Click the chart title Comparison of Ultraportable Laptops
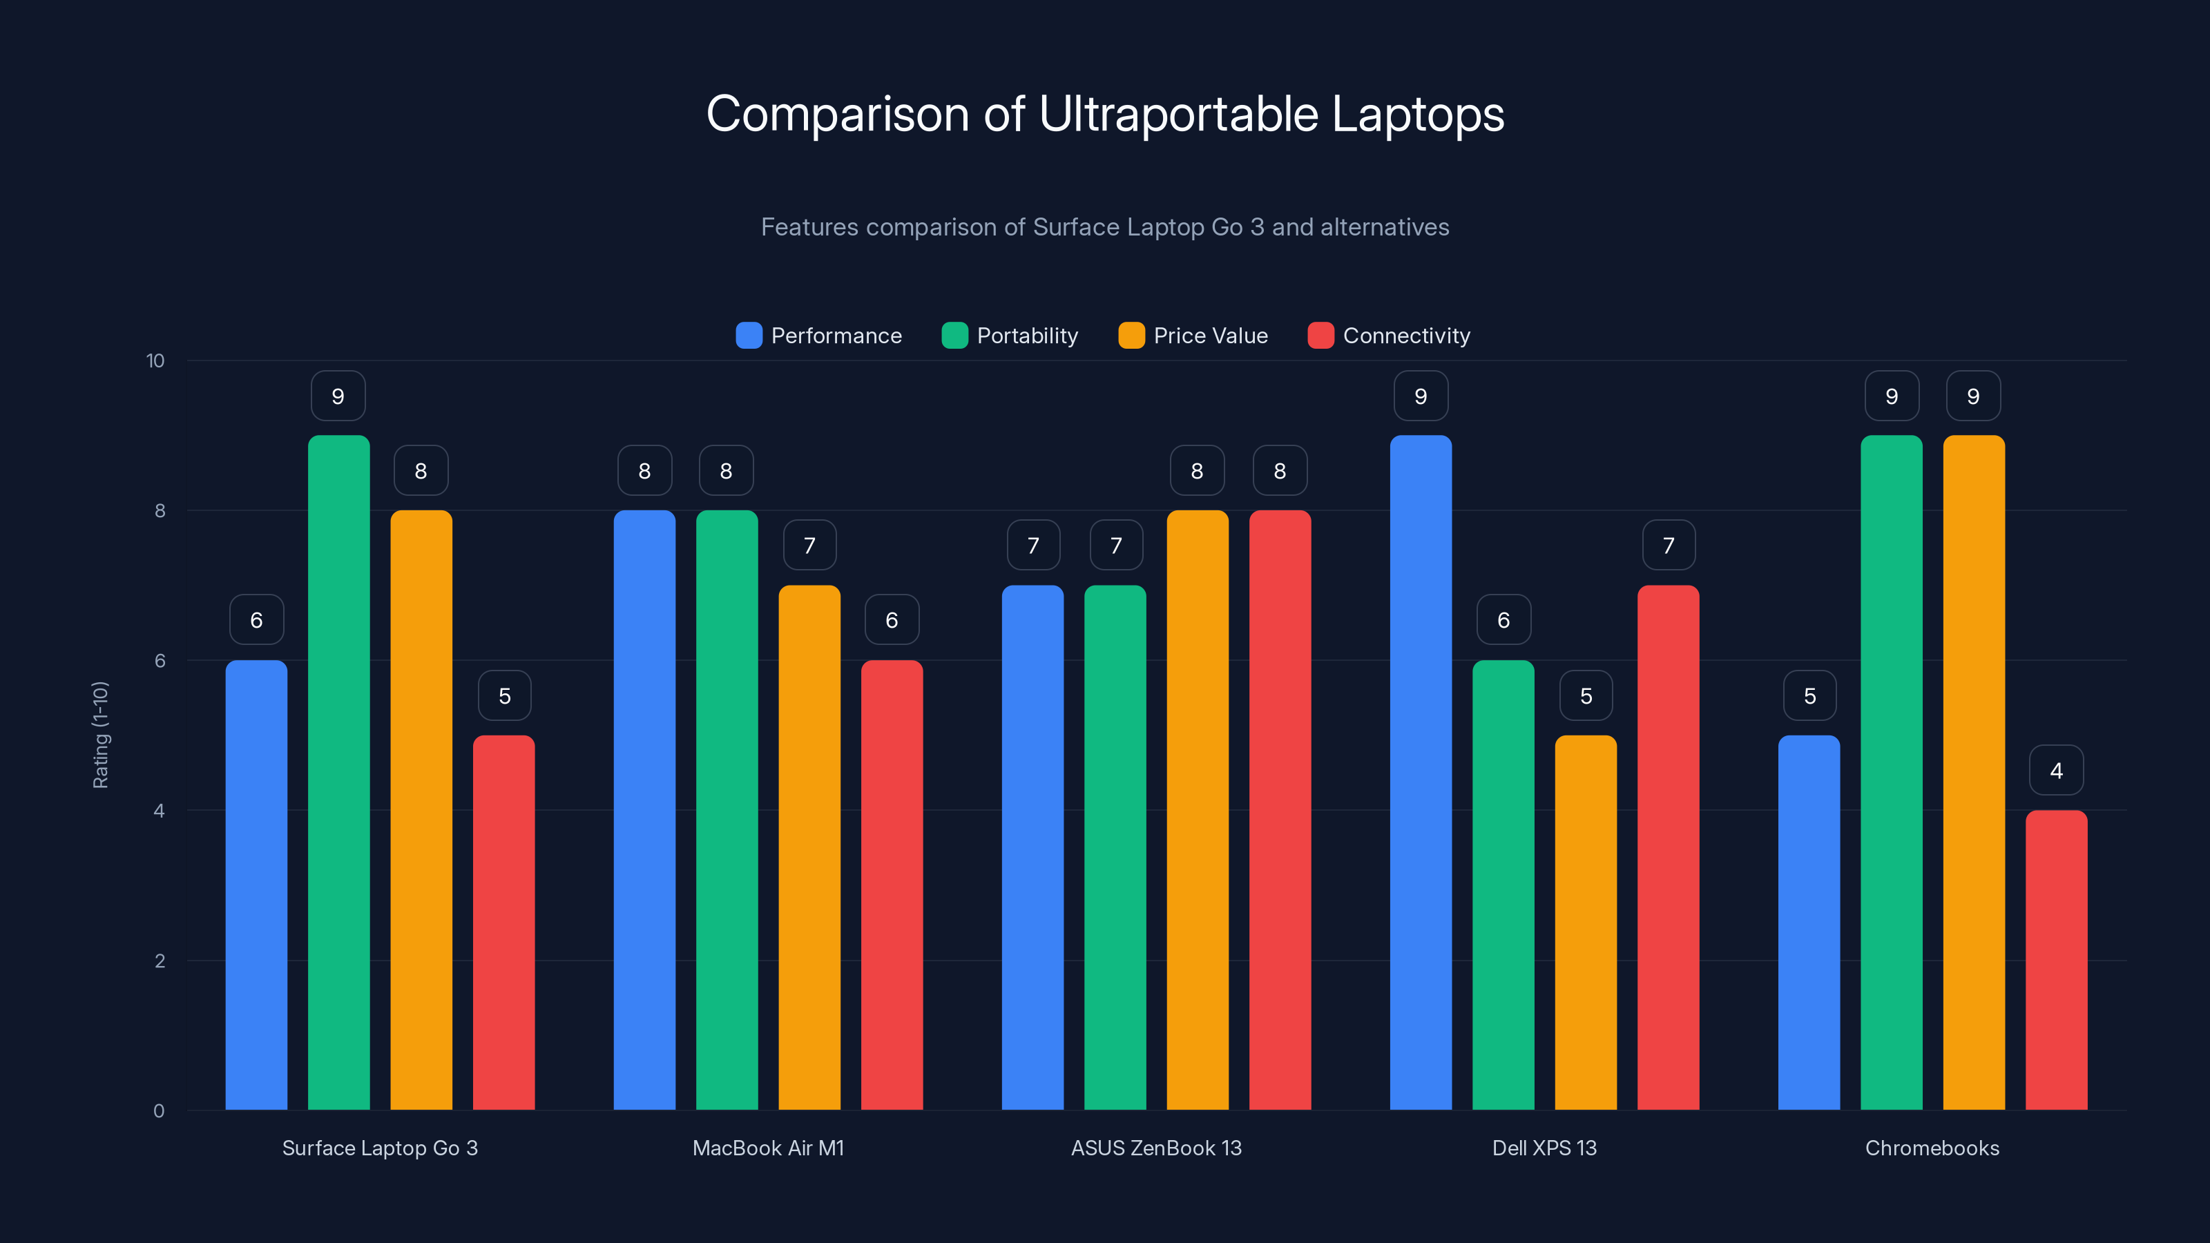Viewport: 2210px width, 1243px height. tap(1105, 114)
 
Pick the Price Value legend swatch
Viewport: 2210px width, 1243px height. tap(1131, 336)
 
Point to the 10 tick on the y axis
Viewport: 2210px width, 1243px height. tap(155, 360)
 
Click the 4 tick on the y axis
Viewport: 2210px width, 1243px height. tap(159, 811)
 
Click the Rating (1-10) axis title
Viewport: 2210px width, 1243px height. tap(100, 735)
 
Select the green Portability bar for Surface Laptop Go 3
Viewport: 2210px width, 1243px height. tap(339, 772)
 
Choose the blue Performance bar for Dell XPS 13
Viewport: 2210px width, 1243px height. tap(1421, 772)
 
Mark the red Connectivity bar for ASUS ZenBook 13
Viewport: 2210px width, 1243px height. tap(1280, 810)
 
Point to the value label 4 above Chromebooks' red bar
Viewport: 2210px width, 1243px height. tap(2057, 771)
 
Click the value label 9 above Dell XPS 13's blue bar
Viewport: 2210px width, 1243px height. tap(1421, 396)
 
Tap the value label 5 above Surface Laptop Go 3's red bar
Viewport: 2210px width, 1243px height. tap(504, 695)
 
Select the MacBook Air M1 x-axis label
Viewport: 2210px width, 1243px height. tap(768, 1148)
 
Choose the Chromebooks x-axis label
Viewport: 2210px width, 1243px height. tap(1932, 1148)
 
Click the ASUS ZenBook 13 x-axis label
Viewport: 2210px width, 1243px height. tap(1155, 1148)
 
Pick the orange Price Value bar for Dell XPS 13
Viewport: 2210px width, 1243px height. tap(1586, 922)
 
